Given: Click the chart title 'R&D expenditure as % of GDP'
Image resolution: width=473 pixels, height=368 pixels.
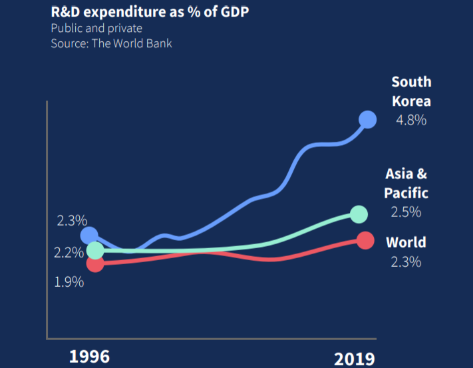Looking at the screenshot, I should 136,12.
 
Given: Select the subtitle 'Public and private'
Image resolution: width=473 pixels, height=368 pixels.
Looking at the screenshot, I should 96,28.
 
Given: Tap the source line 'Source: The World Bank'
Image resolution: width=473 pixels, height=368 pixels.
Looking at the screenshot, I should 112,43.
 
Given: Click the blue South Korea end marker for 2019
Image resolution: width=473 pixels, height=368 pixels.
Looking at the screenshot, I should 367,120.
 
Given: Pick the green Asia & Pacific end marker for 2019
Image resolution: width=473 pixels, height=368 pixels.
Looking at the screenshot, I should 359,214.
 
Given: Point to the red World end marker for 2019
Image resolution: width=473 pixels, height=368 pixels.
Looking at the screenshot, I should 365,240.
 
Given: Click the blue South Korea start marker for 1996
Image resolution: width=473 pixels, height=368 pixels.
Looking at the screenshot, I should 89,236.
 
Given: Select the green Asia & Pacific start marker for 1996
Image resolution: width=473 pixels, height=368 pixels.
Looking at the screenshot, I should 95,250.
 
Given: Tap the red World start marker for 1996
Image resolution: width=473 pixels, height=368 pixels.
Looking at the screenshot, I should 95,263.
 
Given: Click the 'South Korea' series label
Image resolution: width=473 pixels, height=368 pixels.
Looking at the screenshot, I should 411,92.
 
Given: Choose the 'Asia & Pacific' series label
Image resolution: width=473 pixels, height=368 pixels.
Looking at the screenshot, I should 406,184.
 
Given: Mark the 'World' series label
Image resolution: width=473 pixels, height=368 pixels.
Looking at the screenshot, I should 406,242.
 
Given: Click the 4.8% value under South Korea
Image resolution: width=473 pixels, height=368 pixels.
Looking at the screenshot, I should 410,121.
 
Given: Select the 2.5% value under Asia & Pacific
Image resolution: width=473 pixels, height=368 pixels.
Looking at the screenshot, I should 406,212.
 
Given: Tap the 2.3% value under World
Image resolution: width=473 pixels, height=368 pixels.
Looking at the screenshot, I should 406,262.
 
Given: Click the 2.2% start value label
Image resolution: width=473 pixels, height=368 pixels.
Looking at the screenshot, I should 69,253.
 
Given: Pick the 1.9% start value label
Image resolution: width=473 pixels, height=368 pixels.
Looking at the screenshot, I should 69,281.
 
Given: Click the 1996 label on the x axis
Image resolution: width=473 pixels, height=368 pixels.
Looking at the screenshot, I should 89,356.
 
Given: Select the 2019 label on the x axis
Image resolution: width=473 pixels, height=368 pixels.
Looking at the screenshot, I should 354,359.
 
